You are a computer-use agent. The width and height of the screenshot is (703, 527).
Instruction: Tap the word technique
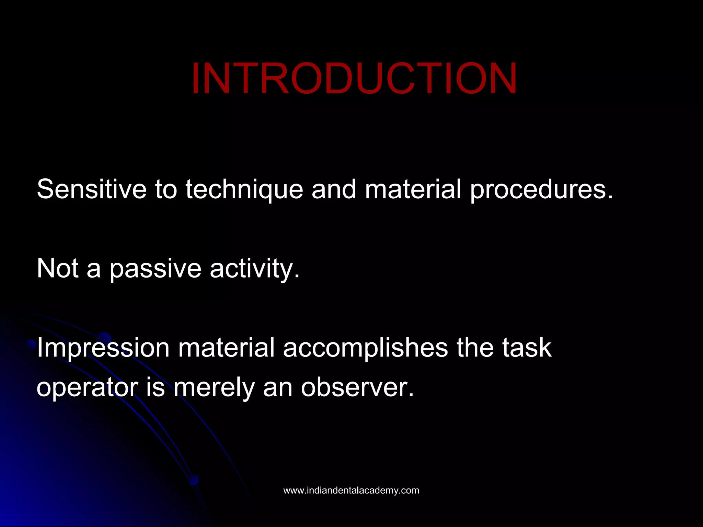tap(244, 189)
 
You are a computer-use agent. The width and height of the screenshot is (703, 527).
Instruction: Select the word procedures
tap(541, 189)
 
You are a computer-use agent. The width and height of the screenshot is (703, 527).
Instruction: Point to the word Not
tap(58, 268)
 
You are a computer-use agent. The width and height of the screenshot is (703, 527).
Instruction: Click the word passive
tap(155, 268)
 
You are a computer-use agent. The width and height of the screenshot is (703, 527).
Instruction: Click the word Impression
tap(103, 348)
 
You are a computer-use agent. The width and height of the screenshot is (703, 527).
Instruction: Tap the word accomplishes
tap(365, 348)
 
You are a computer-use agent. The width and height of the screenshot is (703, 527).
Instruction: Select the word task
tap(527, 348)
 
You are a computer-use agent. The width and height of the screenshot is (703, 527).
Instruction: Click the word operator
tap(87, 388)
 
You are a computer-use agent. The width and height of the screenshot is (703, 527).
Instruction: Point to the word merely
tap(214, 388)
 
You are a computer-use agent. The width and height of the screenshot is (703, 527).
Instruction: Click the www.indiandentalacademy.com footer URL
tap(351, 490)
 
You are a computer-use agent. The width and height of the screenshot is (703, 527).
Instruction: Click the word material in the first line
tap(413, 189)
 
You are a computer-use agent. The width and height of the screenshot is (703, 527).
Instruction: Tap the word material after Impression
tap(226, 348)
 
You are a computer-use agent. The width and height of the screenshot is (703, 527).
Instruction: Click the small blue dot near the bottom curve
tap(194, 479)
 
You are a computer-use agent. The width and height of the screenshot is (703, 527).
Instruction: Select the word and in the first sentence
tap(333, 189)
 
